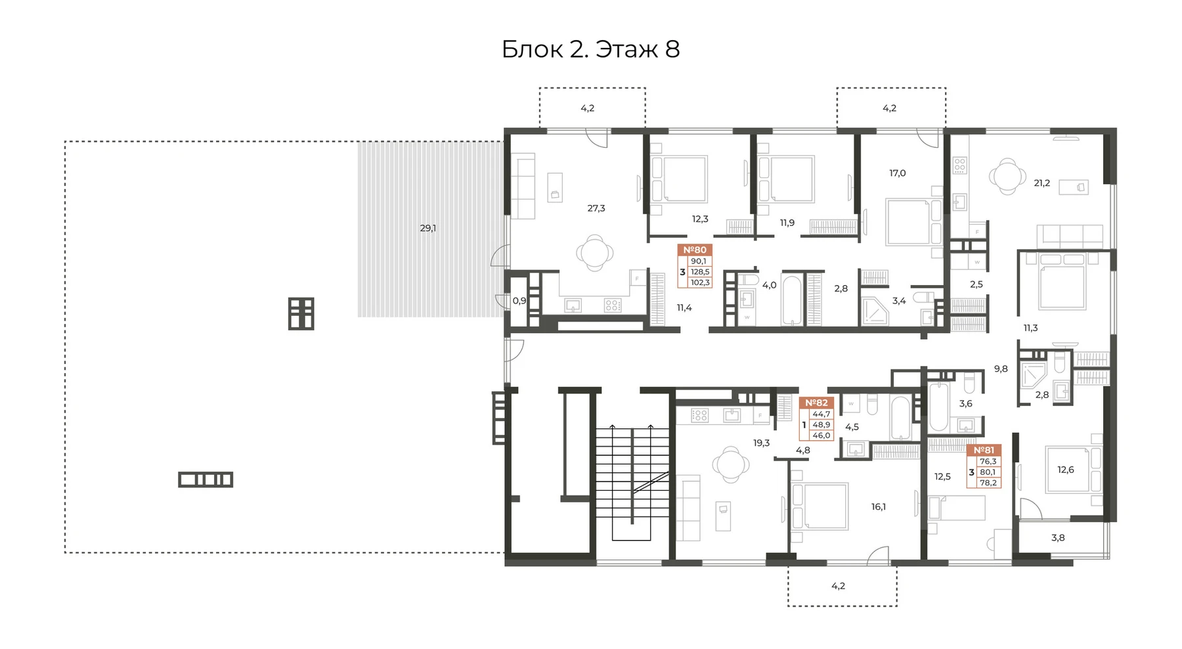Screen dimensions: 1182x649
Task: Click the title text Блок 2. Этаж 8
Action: (x=590, y=49)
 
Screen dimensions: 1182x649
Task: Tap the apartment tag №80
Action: (x=695, y=250)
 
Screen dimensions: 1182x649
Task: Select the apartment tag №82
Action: (x=816, y=403)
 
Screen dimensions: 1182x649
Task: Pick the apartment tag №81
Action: (x=984, y=450)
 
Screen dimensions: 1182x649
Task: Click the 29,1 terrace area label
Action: (x=428, y=228)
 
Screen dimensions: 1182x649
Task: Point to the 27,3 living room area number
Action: (x=596, y=208)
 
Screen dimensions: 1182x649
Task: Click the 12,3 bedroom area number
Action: (x=700, y=219)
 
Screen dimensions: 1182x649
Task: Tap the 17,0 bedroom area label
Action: (x=898, y=173)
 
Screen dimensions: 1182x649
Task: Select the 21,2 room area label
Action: (x=1042, y=183)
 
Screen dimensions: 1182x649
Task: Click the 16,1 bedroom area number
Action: (x=879, y=506)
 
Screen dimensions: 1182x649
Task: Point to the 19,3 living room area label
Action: (x=762, y=443)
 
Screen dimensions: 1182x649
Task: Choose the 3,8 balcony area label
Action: (x=1058, y=537)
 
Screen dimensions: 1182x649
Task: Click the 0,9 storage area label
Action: (x=519, y=301)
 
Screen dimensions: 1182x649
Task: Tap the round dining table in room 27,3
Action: (x=595, y=252)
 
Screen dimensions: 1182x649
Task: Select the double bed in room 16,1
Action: (x=820, y=506)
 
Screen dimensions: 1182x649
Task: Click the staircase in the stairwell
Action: (x=632, y=483)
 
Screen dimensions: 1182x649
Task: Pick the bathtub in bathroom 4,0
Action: (x=792, y=300)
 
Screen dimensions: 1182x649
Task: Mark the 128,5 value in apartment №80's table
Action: (x=700, y=272)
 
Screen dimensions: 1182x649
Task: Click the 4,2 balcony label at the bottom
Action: (x=839, y=585)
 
